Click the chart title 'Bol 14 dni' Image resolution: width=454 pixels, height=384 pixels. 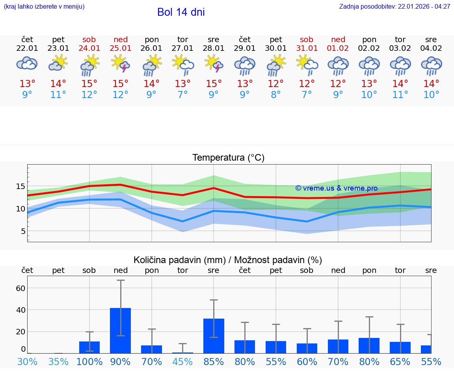click(181, 12)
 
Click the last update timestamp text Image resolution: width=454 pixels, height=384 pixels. click(394, 6)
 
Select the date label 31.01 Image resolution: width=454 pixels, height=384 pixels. click(307, 48)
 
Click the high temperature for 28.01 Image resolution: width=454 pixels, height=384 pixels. click(214, 84)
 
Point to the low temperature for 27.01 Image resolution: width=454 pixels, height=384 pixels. click(182, 95)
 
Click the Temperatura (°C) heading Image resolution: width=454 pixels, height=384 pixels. click(228, 158)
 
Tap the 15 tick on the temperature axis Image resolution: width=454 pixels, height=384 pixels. click(20, 186)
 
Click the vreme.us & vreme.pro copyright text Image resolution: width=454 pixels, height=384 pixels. click(337, 188)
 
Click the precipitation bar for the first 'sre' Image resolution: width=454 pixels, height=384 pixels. click(214, 336)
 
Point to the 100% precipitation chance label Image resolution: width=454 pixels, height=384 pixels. click(89, 362)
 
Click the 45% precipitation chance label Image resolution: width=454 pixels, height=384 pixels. click(182, 362)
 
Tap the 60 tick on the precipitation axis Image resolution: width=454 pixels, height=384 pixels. click(20, 288)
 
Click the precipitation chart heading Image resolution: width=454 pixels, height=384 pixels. click(228, 260)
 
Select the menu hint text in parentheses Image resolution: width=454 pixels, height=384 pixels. click(44, 6)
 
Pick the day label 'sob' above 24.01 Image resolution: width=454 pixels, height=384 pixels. click(89, 39)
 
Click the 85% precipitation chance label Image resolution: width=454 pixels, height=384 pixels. click(214, 362)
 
